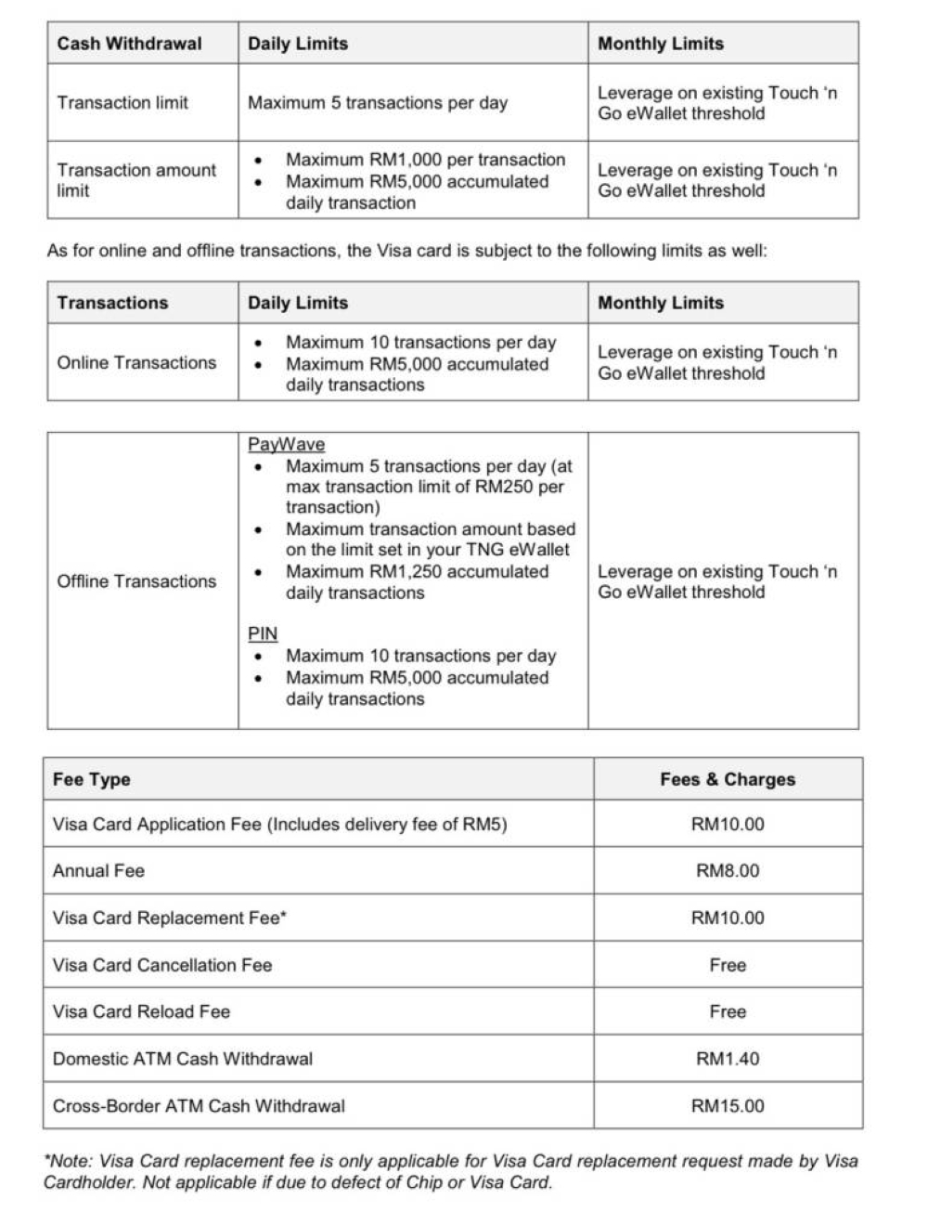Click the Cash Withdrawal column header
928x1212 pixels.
[x=129, y=44]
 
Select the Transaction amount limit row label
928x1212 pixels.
[x=135, y=180]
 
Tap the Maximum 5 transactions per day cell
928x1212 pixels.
[x=377, y=103]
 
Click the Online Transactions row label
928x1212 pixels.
[x=136, y=363]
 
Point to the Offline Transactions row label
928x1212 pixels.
[x=136, y=581]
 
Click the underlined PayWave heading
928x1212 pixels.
[x=286, y=445]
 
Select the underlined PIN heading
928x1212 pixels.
[x=263, y=633]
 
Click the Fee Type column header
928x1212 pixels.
[x=91, y=780]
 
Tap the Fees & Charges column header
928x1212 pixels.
[x=728, y=780]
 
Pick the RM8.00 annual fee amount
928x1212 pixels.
[x=728, y=871]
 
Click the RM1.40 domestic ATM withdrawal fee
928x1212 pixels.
[x=728, y=1059]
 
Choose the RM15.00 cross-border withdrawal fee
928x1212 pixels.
[x=728, y=1106]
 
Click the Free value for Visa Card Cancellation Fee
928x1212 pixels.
[x=728, y=965]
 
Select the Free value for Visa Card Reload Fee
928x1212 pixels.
[x=728, y=1012]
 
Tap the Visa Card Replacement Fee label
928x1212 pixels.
[x=170, y=919]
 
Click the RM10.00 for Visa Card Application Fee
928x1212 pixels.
[x=728, y=825]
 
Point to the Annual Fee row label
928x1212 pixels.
[x=98, y=871]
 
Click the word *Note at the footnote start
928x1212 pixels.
[x=67, y=1161]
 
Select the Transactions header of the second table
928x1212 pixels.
[x=112, y=303]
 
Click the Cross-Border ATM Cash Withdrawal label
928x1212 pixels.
[x=199, y=1106]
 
